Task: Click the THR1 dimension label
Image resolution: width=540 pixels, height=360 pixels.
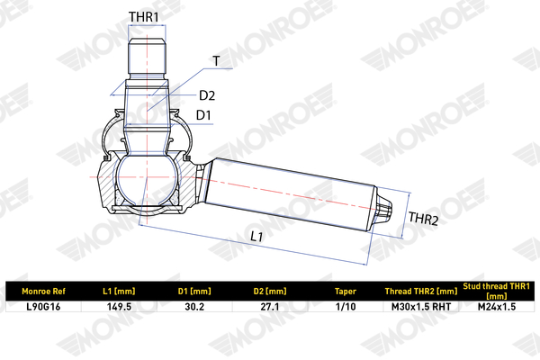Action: tap(144, 16)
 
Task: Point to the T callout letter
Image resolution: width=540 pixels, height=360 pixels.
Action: tap(216, 61)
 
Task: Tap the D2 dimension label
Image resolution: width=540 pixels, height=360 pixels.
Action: tap(207, 95)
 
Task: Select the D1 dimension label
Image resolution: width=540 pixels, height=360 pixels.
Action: tap(203, 115)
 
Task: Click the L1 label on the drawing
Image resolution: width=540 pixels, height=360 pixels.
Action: tap(256, 237)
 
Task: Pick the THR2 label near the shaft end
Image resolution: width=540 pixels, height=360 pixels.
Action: tap(423, 219)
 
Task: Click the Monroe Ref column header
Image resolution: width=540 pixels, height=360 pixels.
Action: tap(43, 292)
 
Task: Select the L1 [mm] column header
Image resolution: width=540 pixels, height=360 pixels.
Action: tap(119, 292)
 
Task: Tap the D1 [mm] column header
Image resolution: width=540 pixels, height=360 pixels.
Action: tap(194, 292)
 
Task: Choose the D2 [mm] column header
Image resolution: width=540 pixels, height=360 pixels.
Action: tap(270, 292)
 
